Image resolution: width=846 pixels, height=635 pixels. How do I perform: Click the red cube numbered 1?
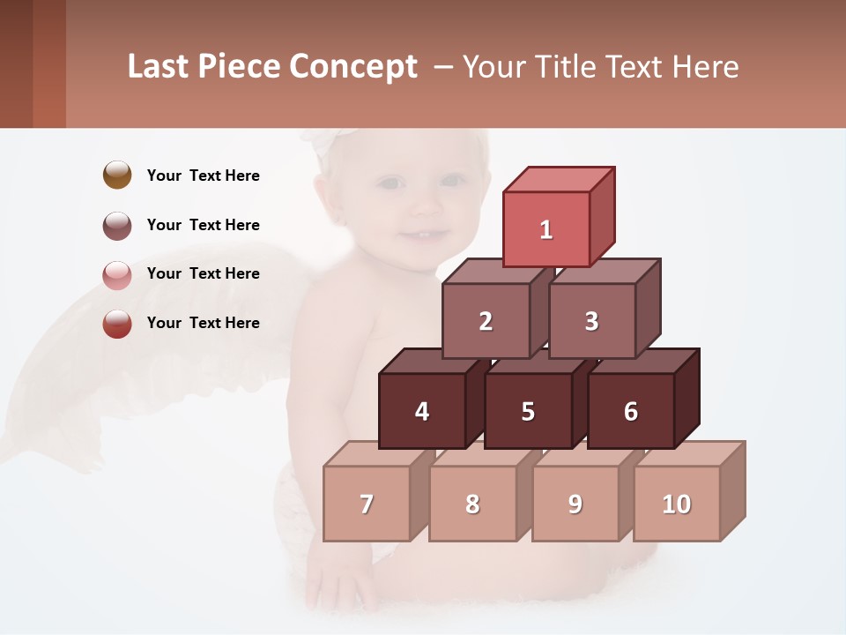pyautogui.click(x=546, y=229)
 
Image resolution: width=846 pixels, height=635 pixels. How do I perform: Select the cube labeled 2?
pyautogui.click(x=486, y=321)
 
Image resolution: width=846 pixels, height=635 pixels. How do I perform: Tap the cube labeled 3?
pyautogui.click(x=591, y=321)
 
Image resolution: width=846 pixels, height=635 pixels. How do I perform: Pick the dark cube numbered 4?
pyautogui.click(x=422, y=411)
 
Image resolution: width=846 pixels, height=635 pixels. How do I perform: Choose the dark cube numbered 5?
pyautogui.click(x=528, y=411)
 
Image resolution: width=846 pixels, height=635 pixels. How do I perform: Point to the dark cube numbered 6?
pyautogui.click(x=631, y=411)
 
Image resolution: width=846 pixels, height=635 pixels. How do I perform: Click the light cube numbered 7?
pyautogui.click(x=367, y=504)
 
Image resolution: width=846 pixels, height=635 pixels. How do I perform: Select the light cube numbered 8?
pyautogui.click(x=472, y=504)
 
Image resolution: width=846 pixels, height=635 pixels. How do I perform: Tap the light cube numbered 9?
pyautogui.click(x=575, y=504)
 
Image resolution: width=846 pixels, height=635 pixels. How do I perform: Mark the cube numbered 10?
pyautogui.click(x=676, y=504)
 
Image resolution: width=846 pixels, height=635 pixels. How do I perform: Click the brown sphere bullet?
pyautogui.click(x=117, y=175)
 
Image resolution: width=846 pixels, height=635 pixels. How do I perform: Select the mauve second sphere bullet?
pyautogui.click(x=117, y=225)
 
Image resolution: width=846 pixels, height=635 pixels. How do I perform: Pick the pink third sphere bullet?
pyautogui.click(x=117, y=274)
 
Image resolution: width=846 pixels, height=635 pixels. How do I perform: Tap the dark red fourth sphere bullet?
pyautogui.click(x=117, y=323)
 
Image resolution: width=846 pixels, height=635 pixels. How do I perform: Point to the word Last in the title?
pyautogui.click(x=160, y=67)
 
